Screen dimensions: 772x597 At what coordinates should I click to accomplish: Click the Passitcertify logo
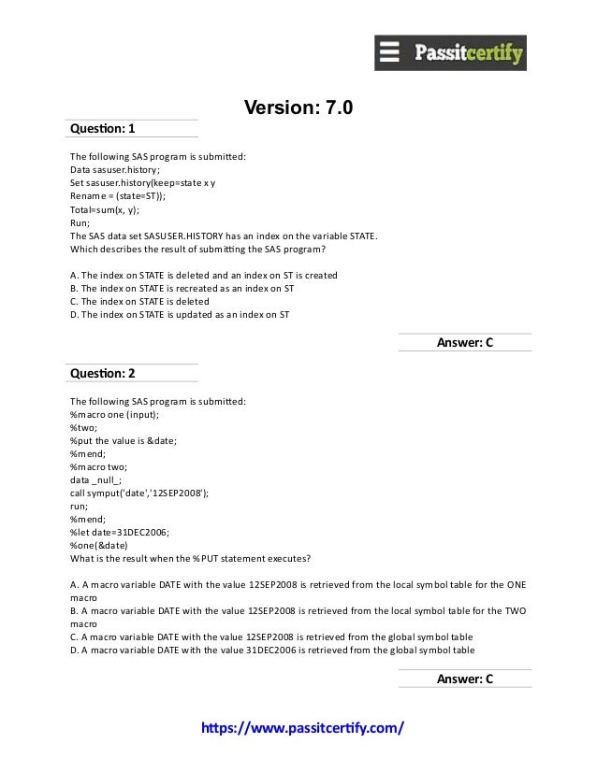click(x=450, y=52)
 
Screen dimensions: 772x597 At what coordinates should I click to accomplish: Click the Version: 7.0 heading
click(x=298, y=108)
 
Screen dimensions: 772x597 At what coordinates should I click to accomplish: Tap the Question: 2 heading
click(x=103, y=373)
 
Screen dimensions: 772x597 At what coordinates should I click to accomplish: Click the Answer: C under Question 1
click(x=464, y=343)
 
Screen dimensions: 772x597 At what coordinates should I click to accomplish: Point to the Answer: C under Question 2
click(x=464, y=679)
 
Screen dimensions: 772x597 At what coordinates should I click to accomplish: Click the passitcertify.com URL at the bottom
click(x=298, y=727)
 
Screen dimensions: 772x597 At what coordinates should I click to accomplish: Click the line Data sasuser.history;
click(x=115, y=170)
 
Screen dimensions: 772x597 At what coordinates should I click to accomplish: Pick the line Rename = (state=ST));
click(x=118, y=197)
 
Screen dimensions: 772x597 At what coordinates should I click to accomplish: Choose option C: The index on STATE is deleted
click(x=139, y=302)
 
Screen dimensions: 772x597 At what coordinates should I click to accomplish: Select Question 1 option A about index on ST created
click(x=204, y=275)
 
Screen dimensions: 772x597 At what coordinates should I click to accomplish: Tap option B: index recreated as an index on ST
click(x=182, y=289)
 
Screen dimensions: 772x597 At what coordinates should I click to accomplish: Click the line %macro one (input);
click(x=114, y=414)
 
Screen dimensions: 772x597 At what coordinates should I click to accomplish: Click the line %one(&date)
click(x=98, y=545)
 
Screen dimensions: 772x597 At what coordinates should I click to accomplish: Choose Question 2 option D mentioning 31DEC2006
click(x=271, y=650)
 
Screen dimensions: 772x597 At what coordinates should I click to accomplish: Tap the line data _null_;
click(x=95, y=479)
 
